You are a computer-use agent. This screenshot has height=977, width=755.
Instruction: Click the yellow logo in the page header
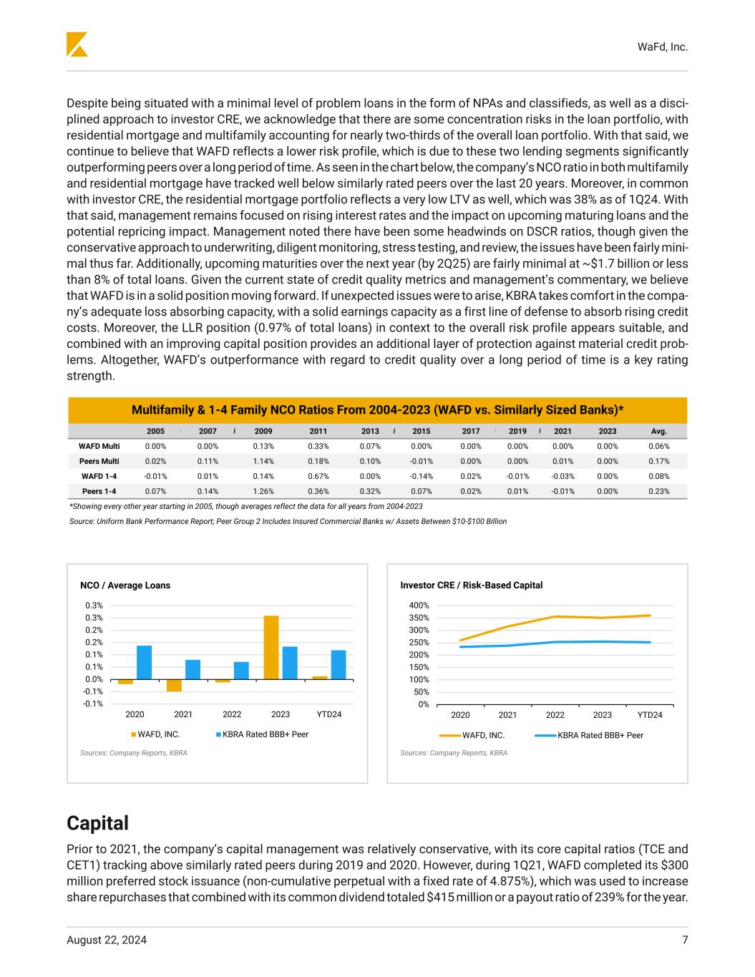click(77, 44)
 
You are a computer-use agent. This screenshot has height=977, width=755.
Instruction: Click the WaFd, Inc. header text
click(663, 47)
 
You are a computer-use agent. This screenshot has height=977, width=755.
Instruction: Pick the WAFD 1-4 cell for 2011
click(318, 476)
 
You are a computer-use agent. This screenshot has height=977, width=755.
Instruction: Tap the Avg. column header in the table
click(658, 431)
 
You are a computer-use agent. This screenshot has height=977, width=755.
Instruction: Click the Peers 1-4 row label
click(99, 491)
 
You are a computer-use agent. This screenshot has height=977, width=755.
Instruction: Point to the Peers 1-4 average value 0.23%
click(658, 491)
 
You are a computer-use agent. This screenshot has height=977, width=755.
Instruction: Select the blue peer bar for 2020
click(144, 662)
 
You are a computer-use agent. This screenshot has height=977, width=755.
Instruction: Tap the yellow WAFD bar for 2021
click(175, 685)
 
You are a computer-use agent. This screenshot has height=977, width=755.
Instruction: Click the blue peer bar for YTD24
click(338, 664)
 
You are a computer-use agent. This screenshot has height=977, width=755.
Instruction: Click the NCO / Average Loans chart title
click(125, 585)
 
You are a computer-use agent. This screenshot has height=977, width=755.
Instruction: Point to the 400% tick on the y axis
click(419, 606)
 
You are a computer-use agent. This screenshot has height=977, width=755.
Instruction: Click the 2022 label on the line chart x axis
click(555, 715)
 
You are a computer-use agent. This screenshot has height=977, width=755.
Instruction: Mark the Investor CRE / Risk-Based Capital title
click(471, 585)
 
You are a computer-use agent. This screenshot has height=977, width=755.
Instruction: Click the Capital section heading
click(98, 823)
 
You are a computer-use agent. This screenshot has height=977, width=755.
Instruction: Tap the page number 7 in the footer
click(685, 940)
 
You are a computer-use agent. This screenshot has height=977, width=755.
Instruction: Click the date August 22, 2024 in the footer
click(107, 940)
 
